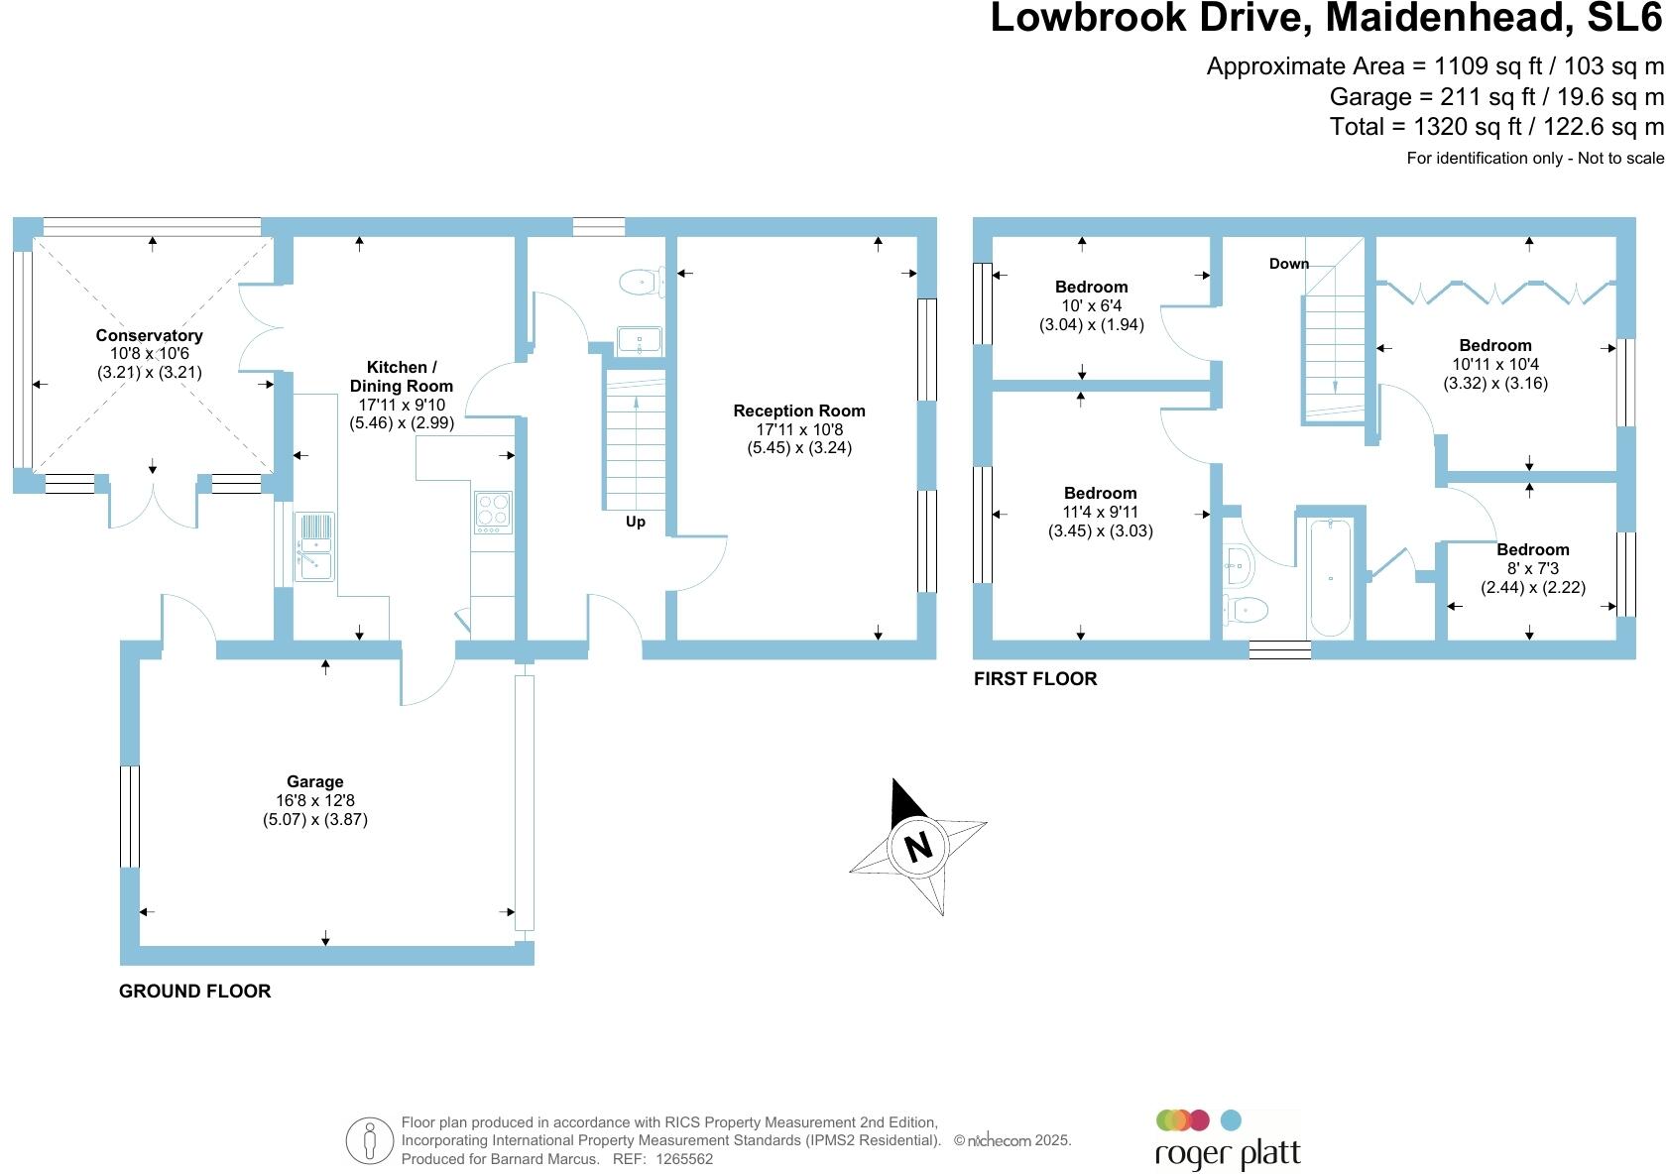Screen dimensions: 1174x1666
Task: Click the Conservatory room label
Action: coord(149,335)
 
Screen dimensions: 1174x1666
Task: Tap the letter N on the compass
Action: coord(919,847)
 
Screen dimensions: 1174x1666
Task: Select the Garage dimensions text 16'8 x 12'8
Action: coord(314,800)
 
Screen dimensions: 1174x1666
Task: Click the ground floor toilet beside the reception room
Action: coord(641,283)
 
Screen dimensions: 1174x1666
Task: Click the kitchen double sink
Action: coord(314,546)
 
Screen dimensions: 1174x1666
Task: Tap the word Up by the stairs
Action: coord(635,522)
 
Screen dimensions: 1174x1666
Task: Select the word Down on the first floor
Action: coord(1289,264)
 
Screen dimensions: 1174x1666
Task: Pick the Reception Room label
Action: coord(799,411)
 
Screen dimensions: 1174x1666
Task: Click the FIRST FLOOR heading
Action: coord(1035,679)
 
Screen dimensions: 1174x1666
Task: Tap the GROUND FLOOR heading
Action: coord(194,991)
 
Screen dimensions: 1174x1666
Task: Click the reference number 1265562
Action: coord(683,1159)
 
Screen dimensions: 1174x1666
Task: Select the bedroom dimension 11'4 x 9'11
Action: coord(1101,512)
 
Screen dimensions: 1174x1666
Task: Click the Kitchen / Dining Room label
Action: coord(402,377)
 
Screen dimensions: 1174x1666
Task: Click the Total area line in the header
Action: coord(1496,127)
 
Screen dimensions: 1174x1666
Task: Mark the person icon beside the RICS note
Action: coord(371,1141)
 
